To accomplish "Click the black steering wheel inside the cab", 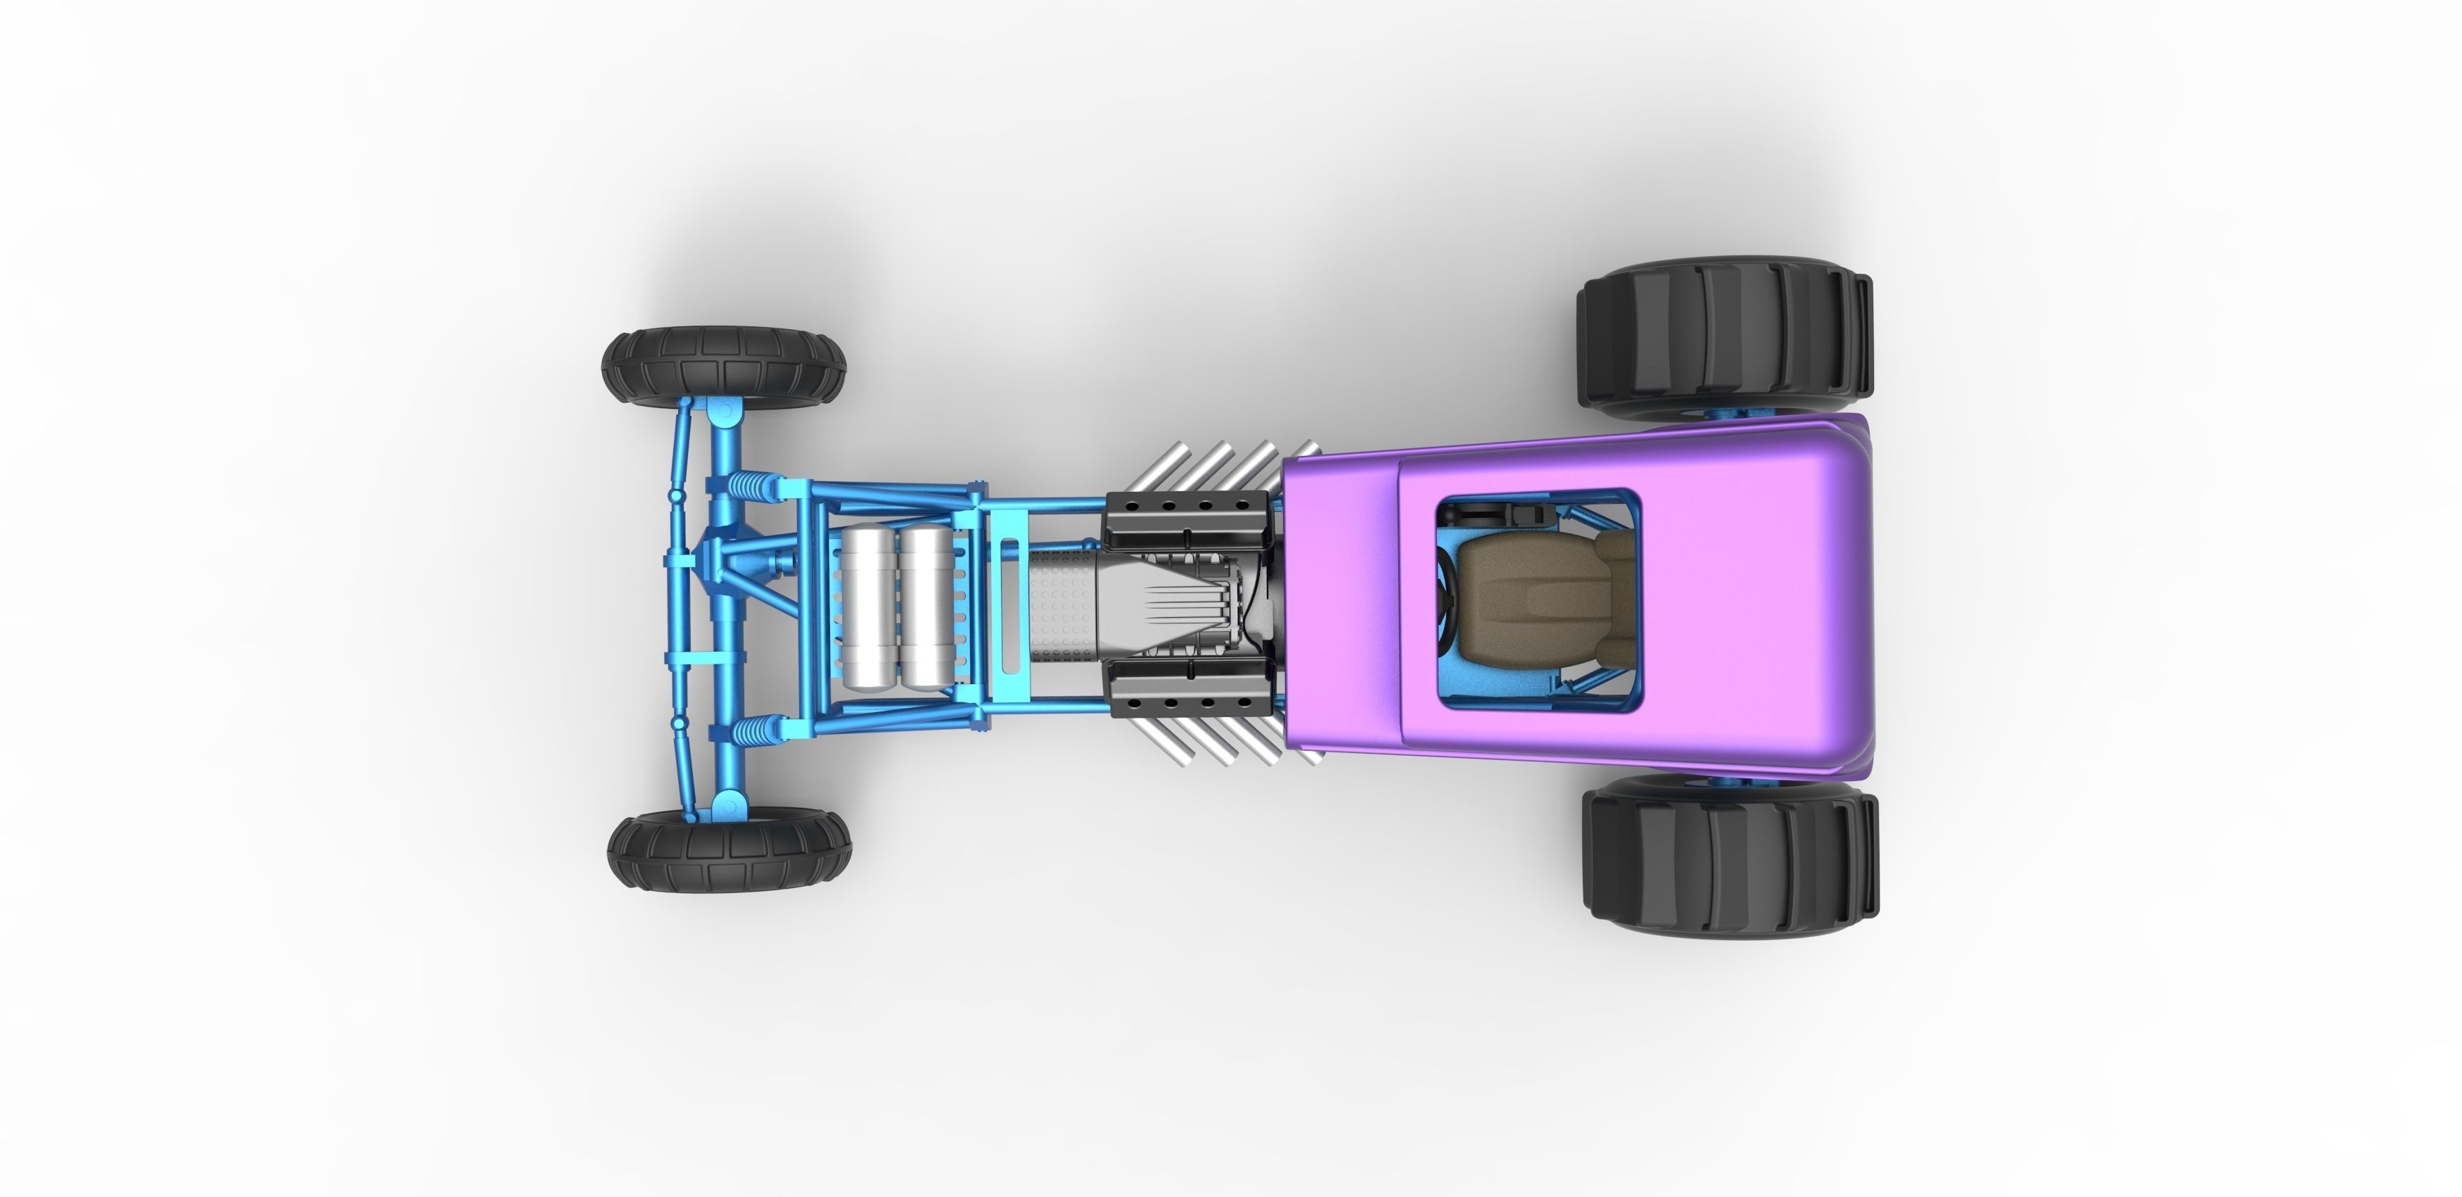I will tap(1444, 602).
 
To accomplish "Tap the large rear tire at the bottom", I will tap(1730, 856).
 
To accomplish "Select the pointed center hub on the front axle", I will tap(712, 559).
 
